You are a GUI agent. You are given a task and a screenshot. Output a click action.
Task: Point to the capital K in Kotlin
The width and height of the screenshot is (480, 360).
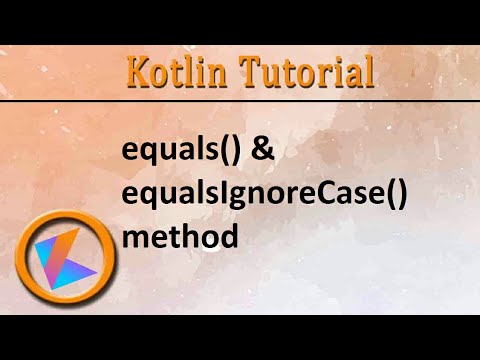click(140, 72)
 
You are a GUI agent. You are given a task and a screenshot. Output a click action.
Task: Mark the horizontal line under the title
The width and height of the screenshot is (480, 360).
click(240, 102)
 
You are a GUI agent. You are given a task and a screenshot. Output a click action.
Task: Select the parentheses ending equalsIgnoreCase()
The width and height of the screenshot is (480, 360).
click(399, 196)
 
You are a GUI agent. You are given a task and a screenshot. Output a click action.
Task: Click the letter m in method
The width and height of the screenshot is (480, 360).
click(133, 239)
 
